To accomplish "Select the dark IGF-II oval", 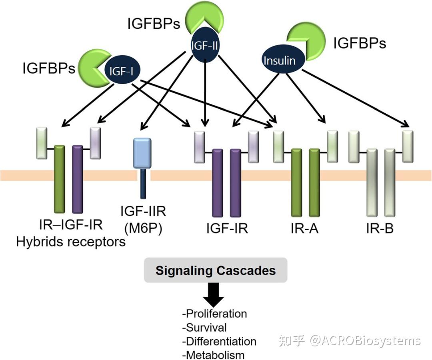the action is (205, 45).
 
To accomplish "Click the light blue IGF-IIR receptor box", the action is (142, 153).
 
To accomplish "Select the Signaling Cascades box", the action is (216, 270).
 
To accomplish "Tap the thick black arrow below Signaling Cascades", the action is (214, 295).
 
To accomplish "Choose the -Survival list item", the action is (204, 328).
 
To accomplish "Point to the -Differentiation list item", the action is (219, 342).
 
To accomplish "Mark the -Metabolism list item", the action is (213, 355).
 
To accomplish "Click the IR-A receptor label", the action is (304, 228).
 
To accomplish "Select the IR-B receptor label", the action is (380, 228).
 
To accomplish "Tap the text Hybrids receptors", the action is (71, 242).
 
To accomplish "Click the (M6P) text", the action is (143, 228).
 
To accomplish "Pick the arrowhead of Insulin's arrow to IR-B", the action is (406, 124).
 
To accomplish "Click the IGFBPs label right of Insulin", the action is (360, 43).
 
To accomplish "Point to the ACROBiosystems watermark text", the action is (365, 341).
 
